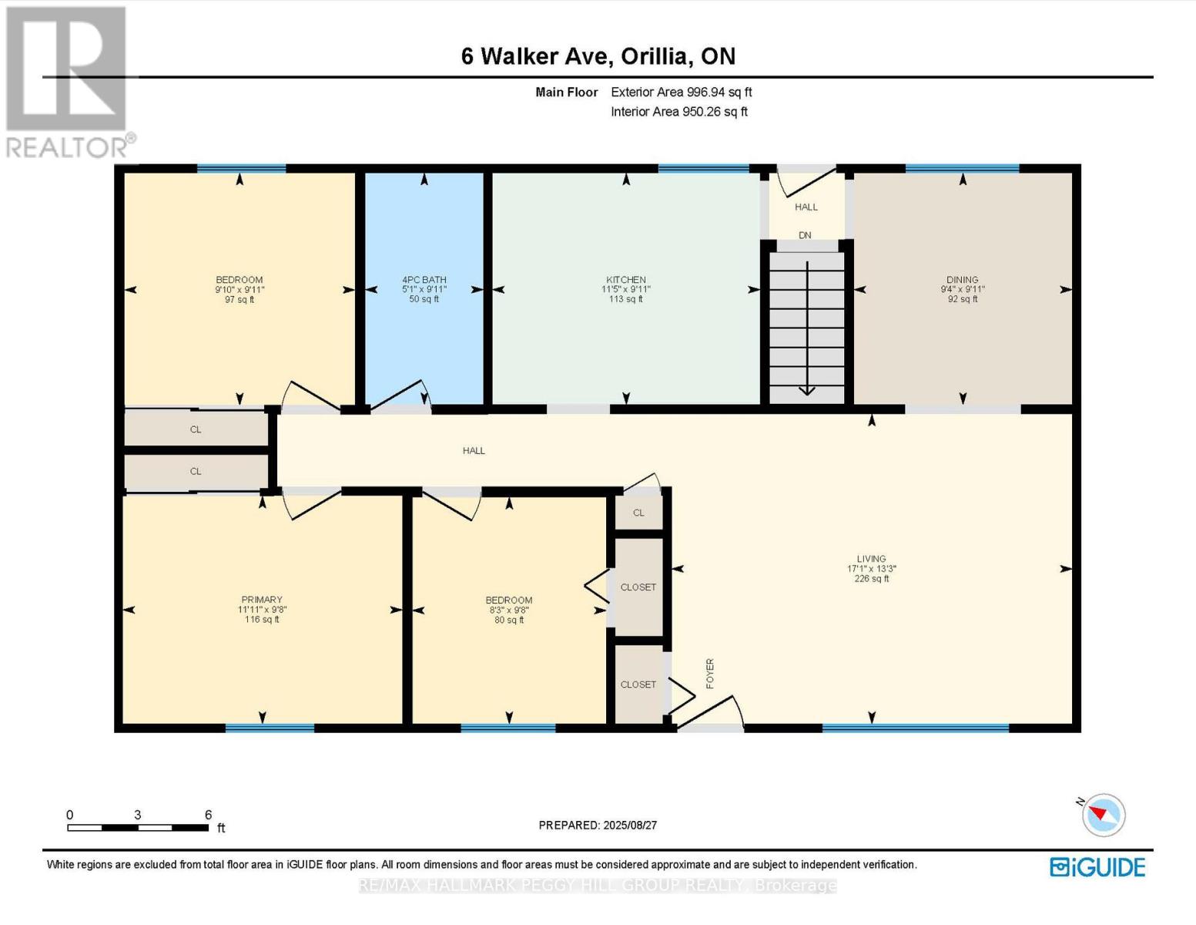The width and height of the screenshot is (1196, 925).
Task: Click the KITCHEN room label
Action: tap(625, 280)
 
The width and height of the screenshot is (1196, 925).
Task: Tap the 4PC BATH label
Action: tap(424, 280)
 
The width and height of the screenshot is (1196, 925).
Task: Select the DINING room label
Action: tap(962, 280)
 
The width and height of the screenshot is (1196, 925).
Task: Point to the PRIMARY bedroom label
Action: tap(262, 600)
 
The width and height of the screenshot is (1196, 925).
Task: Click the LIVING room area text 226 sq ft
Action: tap(871, 579)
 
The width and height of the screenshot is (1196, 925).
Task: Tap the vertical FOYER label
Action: tap(710, 673)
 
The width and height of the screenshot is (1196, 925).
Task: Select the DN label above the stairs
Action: tap(805, 235)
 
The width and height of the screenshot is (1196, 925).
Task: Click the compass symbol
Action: tap(1103, 815)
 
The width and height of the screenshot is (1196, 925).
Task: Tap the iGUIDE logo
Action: tap(1097, 867)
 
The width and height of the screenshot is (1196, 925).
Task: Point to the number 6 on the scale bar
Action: tap(208, 815)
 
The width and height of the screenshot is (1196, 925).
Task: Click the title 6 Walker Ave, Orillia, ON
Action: tap(598, 56)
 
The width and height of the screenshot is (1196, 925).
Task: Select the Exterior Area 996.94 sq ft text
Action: tap(681, 92)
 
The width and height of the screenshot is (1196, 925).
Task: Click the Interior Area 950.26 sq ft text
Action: tap(678, 112)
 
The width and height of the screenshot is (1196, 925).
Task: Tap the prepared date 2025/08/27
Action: tap(630, 825)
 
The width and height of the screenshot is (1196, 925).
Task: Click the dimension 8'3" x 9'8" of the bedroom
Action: tap(508, 610)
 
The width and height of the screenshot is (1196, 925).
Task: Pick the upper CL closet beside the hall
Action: tap(196, 429)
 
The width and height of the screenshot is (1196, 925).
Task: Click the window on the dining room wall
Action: tap(962, 168)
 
